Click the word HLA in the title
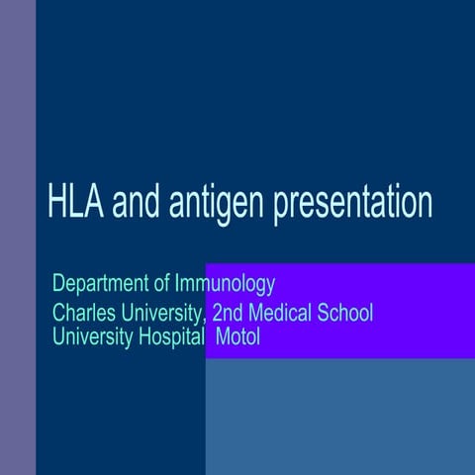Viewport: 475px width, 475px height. [76, 202]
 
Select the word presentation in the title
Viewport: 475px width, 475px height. [353, 204]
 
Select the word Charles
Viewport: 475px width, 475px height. [82, 314]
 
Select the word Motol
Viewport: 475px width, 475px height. [237, 335]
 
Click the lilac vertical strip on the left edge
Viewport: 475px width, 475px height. [18, 237]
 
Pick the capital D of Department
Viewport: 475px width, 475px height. [57, 285]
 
